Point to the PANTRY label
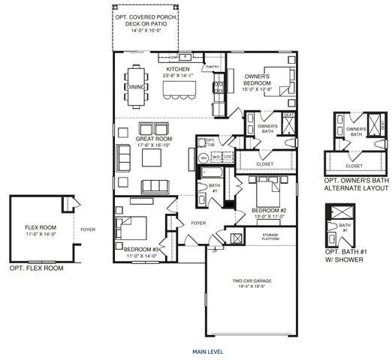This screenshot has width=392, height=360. pyautogui.click(x=212, y=67)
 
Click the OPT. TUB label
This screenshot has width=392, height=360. pyautogui.click(x=210, y=142)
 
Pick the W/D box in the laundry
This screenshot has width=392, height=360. pyautogui.click(x=216, y=157)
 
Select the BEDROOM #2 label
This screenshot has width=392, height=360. pyautogui.click(x=267, y=210)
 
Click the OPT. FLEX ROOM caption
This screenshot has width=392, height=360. pyautogui.click(x=36, y=268)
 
